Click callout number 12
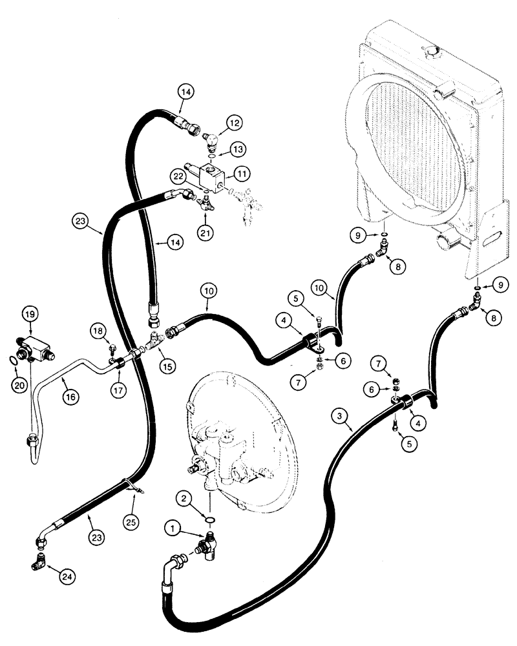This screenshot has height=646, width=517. coord(233,122)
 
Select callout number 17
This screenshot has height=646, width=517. coord(118,390)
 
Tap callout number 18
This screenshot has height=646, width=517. coord(98,331)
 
